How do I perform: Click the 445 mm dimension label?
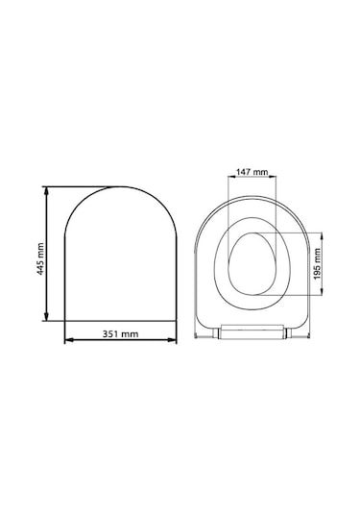coord(40,258)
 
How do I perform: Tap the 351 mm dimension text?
coord(120,334)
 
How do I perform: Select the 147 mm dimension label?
coord(252,171)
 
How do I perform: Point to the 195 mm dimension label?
coord(317,263)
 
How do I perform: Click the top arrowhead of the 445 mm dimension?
coord(46,191)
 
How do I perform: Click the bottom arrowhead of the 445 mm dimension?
coord(46,316)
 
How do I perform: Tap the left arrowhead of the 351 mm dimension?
coord(69,340)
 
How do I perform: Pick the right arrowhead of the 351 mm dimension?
coord(172,340)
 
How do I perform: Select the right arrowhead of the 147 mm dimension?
coord(273,177)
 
